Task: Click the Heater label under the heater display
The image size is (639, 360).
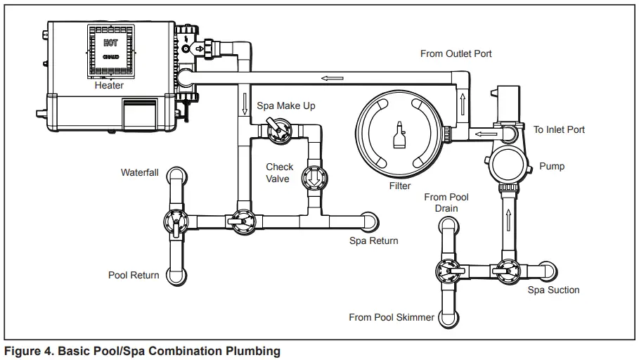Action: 109,85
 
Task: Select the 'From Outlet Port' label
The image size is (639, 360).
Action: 456,53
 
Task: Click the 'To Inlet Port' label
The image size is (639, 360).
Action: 559,129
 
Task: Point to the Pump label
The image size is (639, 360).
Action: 551,167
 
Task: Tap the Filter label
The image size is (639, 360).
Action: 399,186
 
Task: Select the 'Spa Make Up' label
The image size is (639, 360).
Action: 285,106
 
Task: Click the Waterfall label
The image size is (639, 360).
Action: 139,172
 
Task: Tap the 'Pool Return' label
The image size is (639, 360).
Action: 133,275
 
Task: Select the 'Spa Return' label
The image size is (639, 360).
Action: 373,240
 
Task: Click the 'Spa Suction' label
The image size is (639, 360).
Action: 553,290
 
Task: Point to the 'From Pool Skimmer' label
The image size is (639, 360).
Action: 392,317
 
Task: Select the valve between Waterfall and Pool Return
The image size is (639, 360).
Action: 175,222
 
